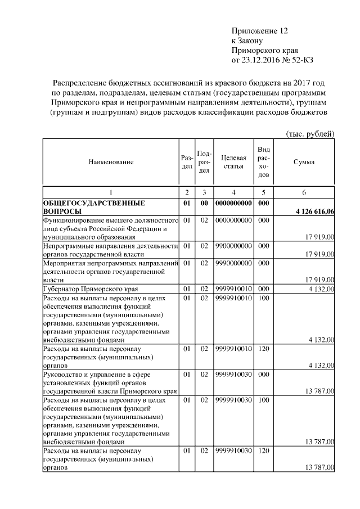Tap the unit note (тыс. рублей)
coord(310,133)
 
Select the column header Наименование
coord(111,162)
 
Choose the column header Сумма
coord(304,162)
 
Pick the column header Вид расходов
coord(263,162)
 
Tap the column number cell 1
coord(111,193)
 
